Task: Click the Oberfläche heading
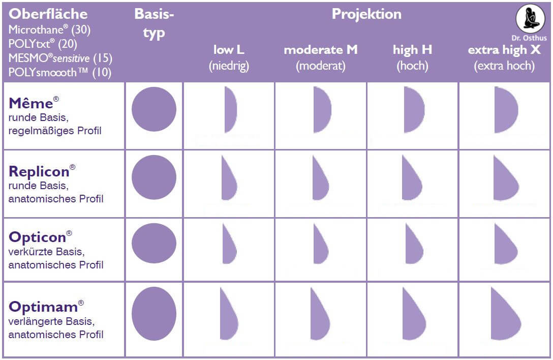pos(48,14)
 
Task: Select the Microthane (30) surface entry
pos(49,30)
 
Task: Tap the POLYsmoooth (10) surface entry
pos(59,72)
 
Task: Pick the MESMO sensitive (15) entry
pos(60,58)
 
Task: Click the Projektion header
pos(366,14)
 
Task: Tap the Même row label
pos(31,103)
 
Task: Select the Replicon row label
pos(39,170)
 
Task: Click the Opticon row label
pos(38,237)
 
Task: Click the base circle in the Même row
pos(153,109)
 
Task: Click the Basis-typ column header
pos(154,23)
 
